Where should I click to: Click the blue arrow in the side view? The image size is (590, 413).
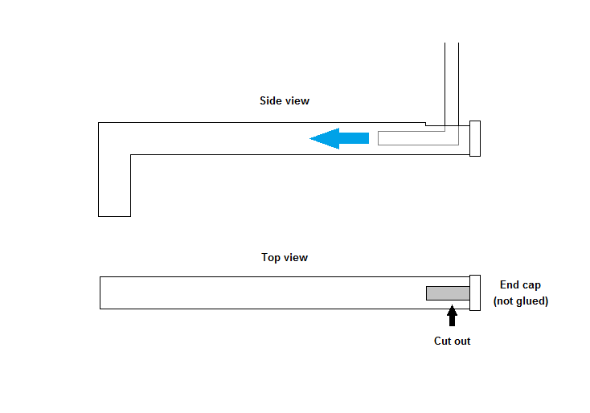pyautogui.click(x=338, y=138)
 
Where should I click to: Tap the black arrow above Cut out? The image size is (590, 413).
pyautogui.click(x=452, y=315)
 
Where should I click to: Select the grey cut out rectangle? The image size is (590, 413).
pyautogui.click(x=448, y=293)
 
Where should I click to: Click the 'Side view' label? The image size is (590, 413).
pyautogui.click(x=285, y=101)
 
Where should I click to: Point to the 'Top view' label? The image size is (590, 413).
pyautogui.click(x=285, y=258)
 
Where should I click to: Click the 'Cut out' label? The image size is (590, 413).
pyautogui.click(x=452, y=341)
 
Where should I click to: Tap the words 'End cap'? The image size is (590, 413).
pyautogui.click(x=520, y=285)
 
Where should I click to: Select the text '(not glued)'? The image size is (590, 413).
pyautogui.click(x=520, y=301)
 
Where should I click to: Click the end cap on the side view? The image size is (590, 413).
pyautogui.click(x=474, y=138)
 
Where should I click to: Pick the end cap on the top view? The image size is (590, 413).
pyautogui.click(x=474, y=292)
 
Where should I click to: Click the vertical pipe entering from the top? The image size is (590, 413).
pyautogui.click(x=451, y=80)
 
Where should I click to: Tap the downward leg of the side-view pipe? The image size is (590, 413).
pyautogui.click(x=114, y=185)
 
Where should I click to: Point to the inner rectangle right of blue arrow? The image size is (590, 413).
pyautogui.click(x=418, y=138)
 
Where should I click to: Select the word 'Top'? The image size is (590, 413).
pyautogui.click(x=272, y=258)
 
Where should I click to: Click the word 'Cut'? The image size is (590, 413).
pyautogui.click(x=442, y=341)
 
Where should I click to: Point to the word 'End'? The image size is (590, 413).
pyautogui.click(x=510, y=285)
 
